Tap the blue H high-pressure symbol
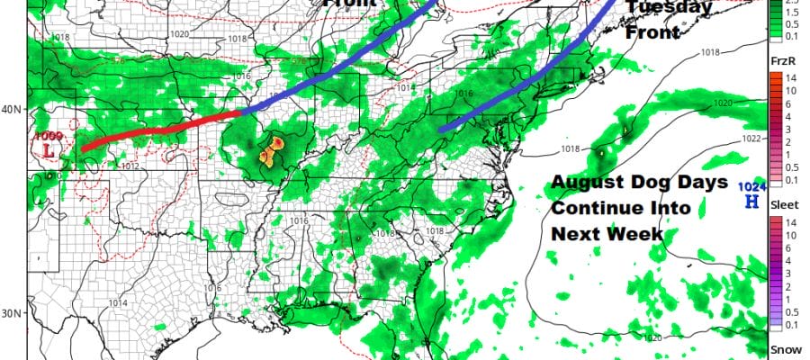coord(750,202)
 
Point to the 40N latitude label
coord(13,110)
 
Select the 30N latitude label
coord(13,313)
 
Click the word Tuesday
coord(669,8)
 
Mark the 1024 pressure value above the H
coord(750,186)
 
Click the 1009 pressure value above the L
coord(48,136)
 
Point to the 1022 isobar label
coord(754,139)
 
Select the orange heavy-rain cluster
coord(272,151)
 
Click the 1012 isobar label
coord(130,166)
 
